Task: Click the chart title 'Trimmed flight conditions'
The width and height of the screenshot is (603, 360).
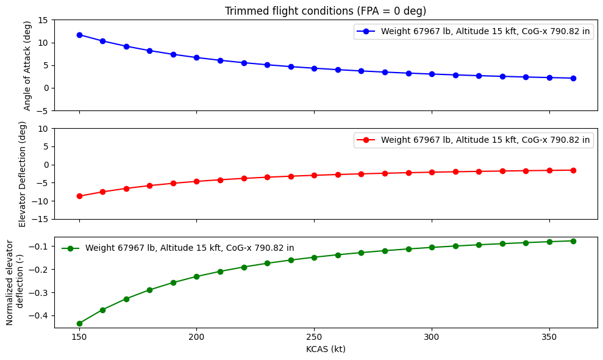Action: pyautogui.click(x=326, y=11)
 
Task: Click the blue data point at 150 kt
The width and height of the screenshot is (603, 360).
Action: pyautogui.click(x=79, y=35)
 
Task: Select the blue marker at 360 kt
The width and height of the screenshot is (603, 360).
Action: pyautogui.click(x=573, y=78)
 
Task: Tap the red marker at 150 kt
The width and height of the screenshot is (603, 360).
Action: pyautogui.click(x=79, y=196)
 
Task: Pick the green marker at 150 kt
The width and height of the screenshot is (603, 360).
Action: pyautogui.click(x=79, y=323)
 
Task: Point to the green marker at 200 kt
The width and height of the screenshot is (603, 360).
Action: pyautogui.click(x=196, y=276)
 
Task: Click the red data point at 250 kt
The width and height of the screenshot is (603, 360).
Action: pyautogui.click(x=314, y=175)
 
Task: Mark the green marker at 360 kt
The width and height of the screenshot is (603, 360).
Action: pyautogui.click(x=573, y=241)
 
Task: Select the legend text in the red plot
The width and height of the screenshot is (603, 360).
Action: pyautogui.click(x=485, y=140)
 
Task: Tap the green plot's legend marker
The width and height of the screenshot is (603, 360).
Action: pyautogui.click(x=70, y=248)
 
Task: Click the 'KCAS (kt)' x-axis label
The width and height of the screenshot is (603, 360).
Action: pyautogui.click(x=326, y=350)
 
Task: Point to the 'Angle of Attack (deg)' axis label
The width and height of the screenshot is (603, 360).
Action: pyautogui.click(x=27, y=65)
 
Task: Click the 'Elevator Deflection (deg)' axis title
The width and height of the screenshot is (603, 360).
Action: pyautogui.click(x=23, y=173)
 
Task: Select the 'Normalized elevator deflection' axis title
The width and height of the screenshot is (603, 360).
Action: pyautogui.click(x=15, y=282)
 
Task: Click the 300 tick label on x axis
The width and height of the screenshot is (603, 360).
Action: pyautogui.click(x=432, y=337)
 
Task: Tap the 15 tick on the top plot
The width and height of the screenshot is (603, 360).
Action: pyautogui.click(x=43, y=20)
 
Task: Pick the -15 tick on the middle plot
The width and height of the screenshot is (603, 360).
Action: pyautogui.click(x=41, y=219)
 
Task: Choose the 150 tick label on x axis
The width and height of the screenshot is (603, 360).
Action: pyautogui.click(x=79, y=337)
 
